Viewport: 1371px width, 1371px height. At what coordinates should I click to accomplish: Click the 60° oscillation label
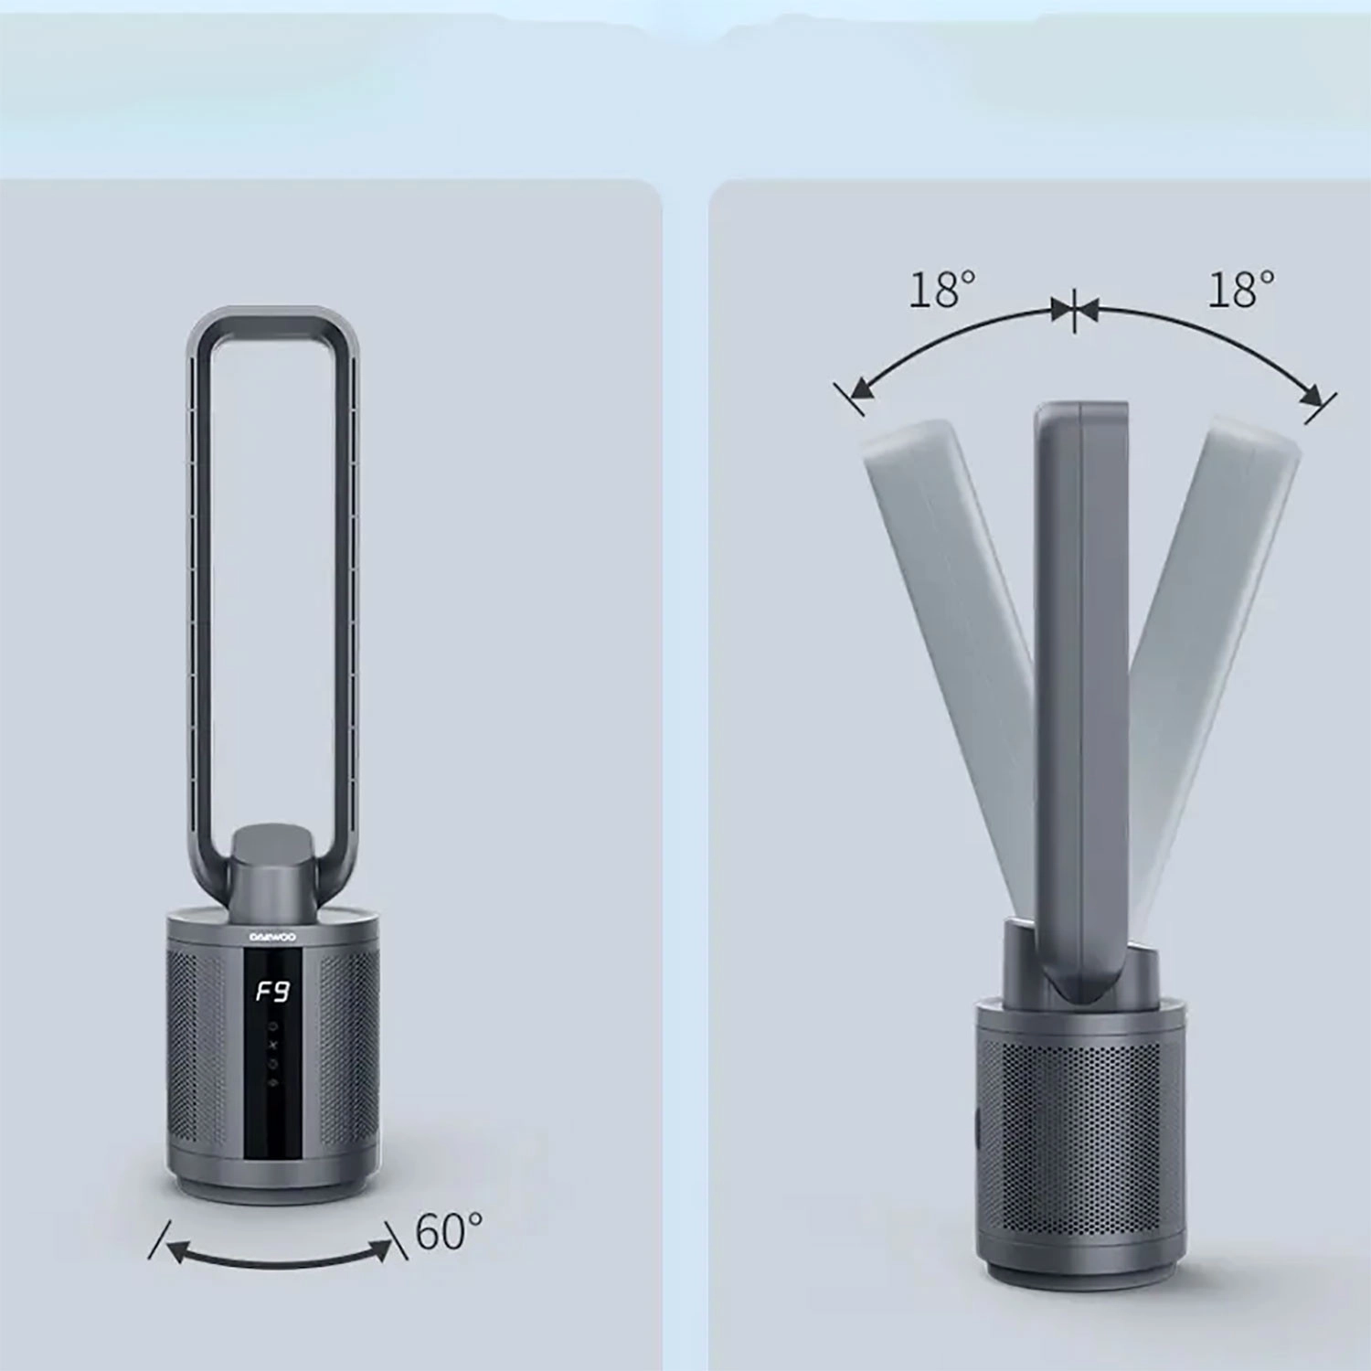click(449, 1231)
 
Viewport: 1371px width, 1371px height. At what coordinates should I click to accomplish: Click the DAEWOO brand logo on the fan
click(272, 937)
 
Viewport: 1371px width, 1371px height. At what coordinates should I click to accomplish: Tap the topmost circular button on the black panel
click(272, 1026)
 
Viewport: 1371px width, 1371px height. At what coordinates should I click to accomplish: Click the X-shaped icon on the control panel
click(272, 1045)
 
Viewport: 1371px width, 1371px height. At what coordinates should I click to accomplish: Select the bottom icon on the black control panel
click(272, 1083)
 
